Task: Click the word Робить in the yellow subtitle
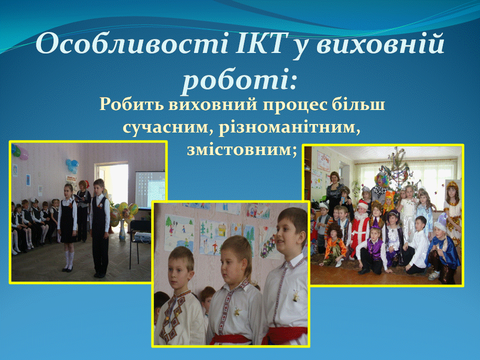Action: (x=132, y=104)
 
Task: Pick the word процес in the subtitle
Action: (x=293, y=105)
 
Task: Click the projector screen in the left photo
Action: (x=150, y=190)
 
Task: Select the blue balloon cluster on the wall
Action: (x=72, y=165)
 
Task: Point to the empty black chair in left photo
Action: (x=140, y=242)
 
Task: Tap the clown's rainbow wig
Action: (x=381, y=178)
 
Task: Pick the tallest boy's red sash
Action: (x=284, y=334)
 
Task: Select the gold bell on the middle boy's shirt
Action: (x=236, y=312)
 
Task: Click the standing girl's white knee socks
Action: (x=69, y=259)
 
